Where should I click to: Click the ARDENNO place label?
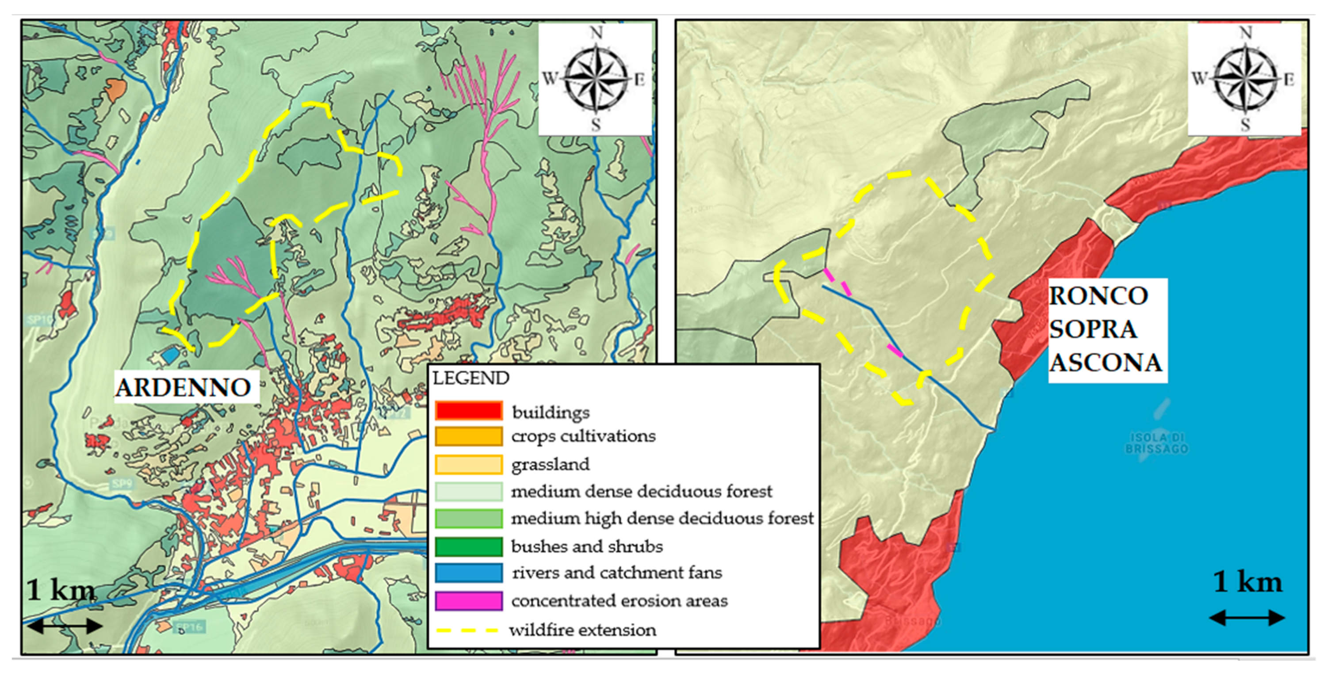pos(184,387)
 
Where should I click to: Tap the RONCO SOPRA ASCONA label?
pos(1106,330)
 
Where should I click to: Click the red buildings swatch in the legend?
pos(468,410)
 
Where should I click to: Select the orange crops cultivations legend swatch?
pos(468,436)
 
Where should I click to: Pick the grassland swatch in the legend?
pos(468,463)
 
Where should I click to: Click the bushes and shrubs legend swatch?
pos(468,546)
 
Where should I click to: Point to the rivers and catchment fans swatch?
pos(468,573)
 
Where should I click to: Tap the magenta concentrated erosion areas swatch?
pos(468,600)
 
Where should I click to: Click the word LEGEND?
pos(470,378)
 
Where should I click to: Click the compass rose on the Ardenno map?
pos(596,79)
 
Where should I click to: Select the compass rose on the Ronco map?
pos(1245,79)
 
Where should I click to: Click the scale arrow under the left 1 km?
pos(65,626)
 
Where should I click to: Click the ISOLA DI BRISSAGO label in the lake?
pos(1156,443)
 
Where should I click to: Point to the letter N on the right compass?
pos(1246,33)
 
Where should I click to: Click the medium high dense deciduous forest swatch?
pos(468,518)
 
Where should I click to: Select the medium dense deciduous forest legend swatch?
pos(468,491)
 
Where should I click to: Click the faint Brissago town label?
pos(912,620)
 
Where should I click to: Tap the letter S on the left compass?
pos(596,125)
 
